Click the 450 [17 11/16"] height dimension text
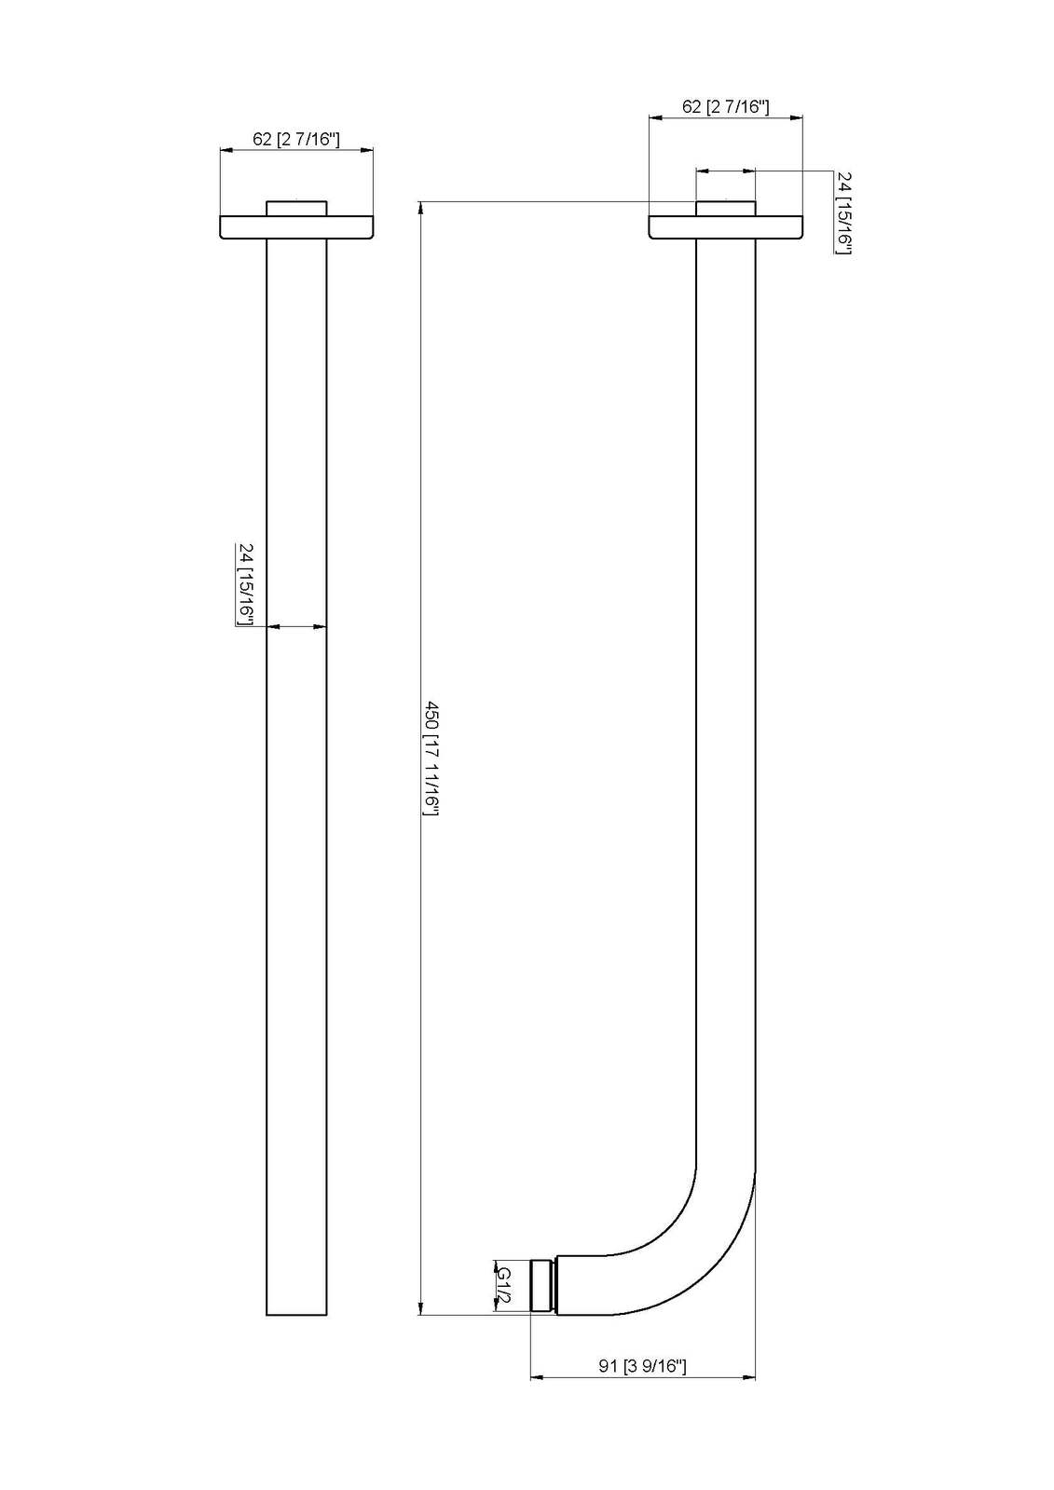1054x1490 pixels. point(431,759)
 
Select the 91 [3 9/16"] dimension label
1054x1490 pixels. point(642,1366)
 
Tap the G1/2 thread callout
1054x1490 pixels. point(504,1287)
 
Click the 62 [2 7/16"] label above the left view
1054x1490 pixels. point(296,140)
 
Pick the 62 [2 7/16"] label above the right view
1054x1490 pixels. point(725,106)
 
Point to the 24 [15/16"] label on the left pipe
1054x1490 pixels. point(247,584)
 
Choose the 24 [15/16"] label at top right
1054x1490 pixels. point(843,212)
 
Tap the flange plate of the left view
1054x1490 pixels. point(296,228)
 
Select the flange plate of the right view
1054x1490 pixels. point(725,228)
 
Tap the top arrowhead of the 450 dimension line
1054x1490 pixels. point(421,207)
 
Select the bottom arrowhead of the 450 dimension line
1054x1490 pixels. point(421,1308)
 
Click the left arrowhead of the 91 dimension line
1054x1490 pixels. point(536,1376)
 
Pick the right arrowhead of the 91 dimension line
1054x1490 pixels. point(750,1376)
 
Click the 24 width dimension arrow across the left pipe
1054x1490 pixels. point(296,627)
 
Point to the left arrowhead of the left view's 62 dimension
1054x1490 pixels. point(225,149)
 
